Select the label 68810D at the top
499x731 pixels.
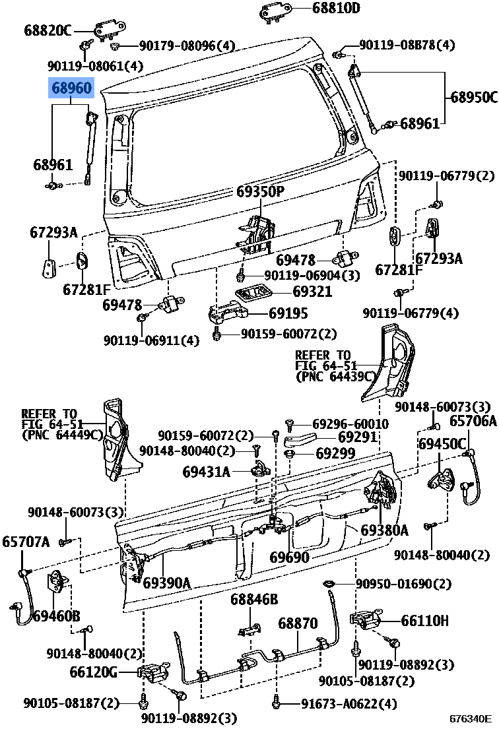[x=336, y=9]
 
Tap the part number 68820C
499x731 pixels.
[x=48, y=30]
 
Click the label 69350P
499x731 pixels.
[x=260, y=192]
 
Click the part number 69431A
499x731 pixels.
[x=207, y=472]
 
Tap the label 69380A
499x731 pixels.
[x=384, y=530]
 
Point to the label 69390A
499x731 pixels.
[x=167, y=583]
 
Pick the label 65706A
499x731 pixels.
[x=473, y=421]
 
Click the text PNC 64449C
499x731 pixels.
[x=62, y=435]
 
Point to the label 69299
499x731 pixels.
[x=335, y=453]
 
